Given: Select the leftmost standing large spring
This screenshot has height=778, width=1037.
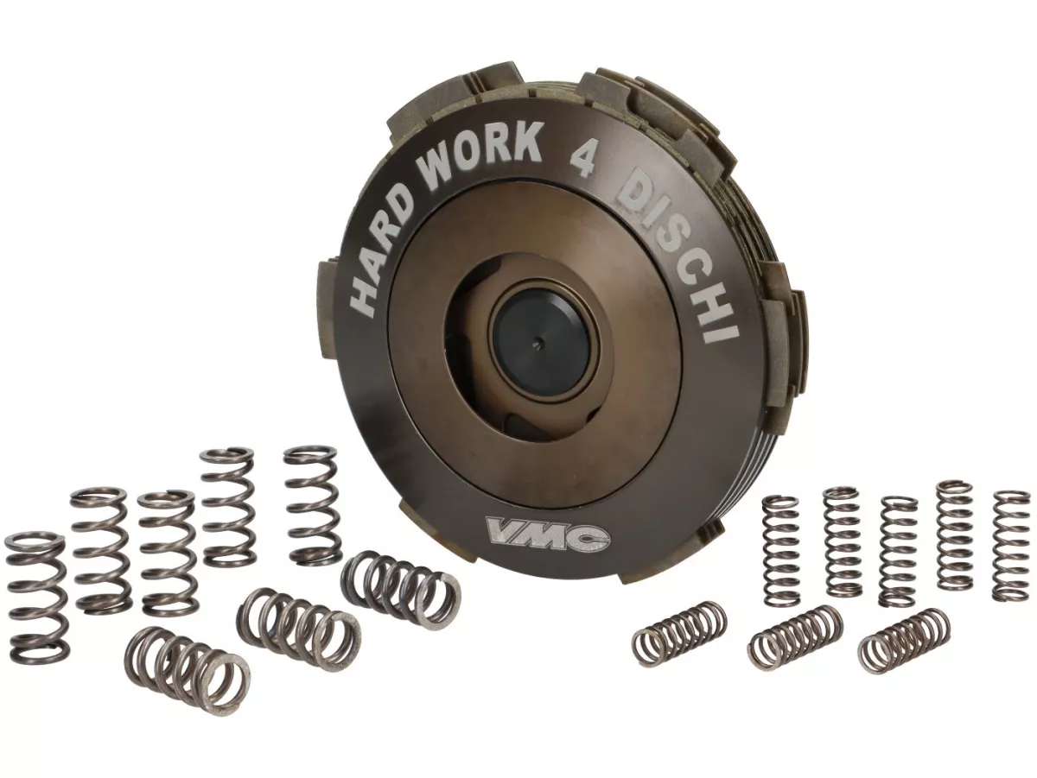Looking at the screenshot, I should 35,597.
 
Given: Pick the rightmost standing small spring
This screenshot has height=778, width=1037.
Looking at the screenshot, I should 1011,546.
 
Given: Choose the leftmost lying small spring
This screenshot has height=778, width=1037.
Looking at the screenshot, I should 679,635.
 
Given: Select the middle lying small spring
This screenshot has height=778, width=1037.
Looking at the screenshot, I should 795,637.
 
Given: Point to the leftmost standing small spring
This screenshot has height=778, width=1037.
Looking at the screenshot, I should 780,549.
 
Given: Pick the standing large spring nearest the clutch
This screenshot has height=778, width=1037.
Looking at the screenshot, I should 312,505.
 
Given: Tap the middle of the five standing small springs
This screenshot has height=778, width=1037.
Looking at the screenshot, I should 898,550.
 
